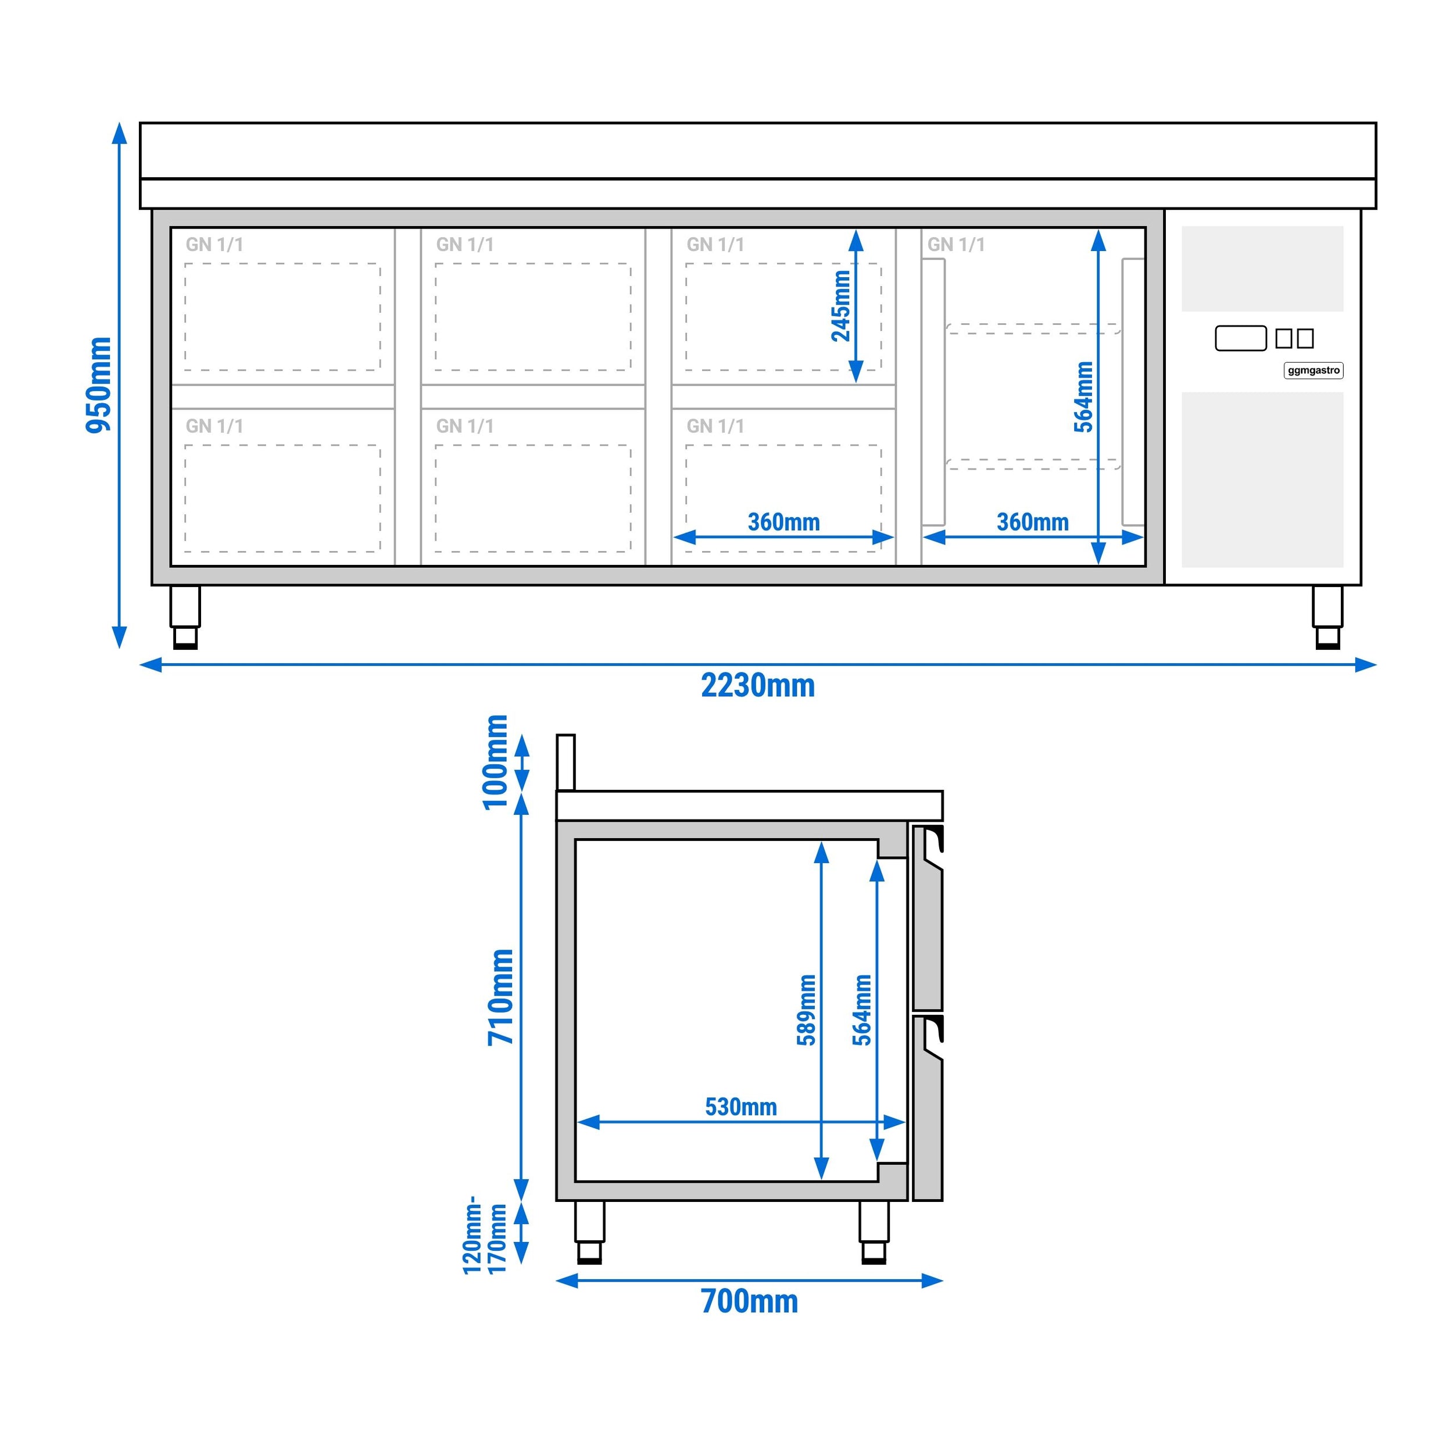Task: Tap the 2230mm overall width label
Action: tap(758, 686)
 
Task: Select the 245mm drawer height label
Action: tap(841, 306)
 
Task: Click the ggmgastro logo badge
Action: tap(1313, 370)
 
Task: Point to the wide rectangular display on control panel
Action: tap(1241, 338)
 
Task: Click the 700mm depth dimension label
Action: tap(750, 1302)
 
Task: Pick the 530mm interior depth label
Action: tap(741, 1106)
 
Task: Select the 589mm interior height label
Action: tap(806, 1010)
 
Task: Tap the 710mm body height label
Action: tap(501, 997)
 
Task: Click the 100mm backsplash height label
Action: tap(496, 763)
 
